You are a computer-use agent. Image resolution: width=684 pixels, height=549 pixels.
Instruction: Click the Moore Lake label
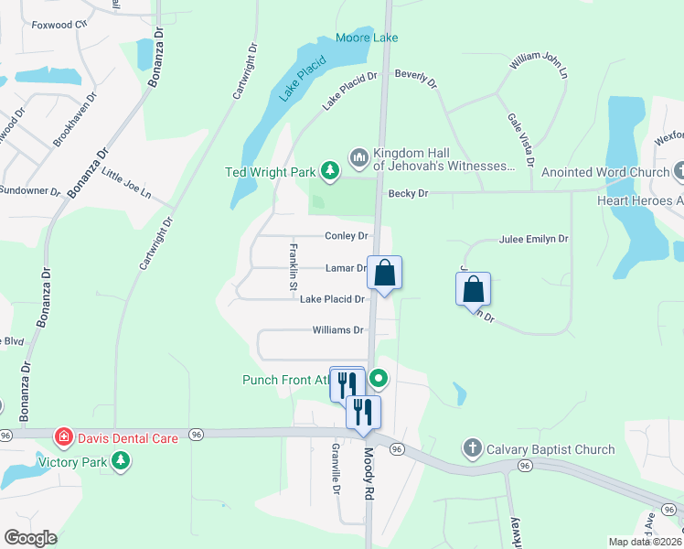pos(367,38)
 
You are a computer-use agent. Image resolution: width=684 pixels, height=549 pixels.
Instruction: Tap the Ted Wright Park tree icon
pos(330,169)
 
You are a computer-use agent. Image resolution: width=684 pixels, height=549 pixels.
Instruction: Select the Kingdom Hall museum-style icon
pos(358,159)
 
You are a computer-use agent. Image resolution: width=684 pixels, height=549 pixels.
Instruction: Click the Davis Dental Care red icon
pos(63,437)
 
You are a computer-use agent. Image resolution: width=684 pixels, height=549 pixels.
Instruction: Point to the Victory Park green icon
pos(120,461)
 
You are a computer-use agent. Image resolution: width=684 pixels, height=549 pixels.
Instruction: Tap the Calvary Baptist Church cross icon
pos(472,448)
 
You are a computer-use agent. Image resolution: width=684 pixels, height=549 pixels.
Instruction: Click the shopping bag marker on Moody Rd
pos(385,273)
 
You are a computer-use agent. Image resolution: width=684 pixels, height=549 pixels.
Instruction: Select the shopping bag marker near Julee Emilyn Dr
pos(473,289)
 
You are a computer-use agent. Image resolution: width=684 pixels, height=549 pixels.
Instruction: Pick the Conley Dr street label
pos(347,236)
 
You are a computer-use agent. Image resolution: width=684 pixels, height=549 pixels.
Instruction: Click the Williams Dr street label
pos(338,330)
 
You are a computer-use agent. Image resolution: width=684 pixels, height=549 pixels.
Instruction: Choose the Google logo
pos(31,538)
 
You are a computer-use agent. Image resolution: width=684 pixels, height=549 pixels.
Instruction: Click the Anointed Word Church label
pos(605,172)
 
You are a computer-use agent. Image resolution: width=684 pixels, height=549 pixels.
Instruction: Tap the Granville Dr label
pos(337,468)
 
